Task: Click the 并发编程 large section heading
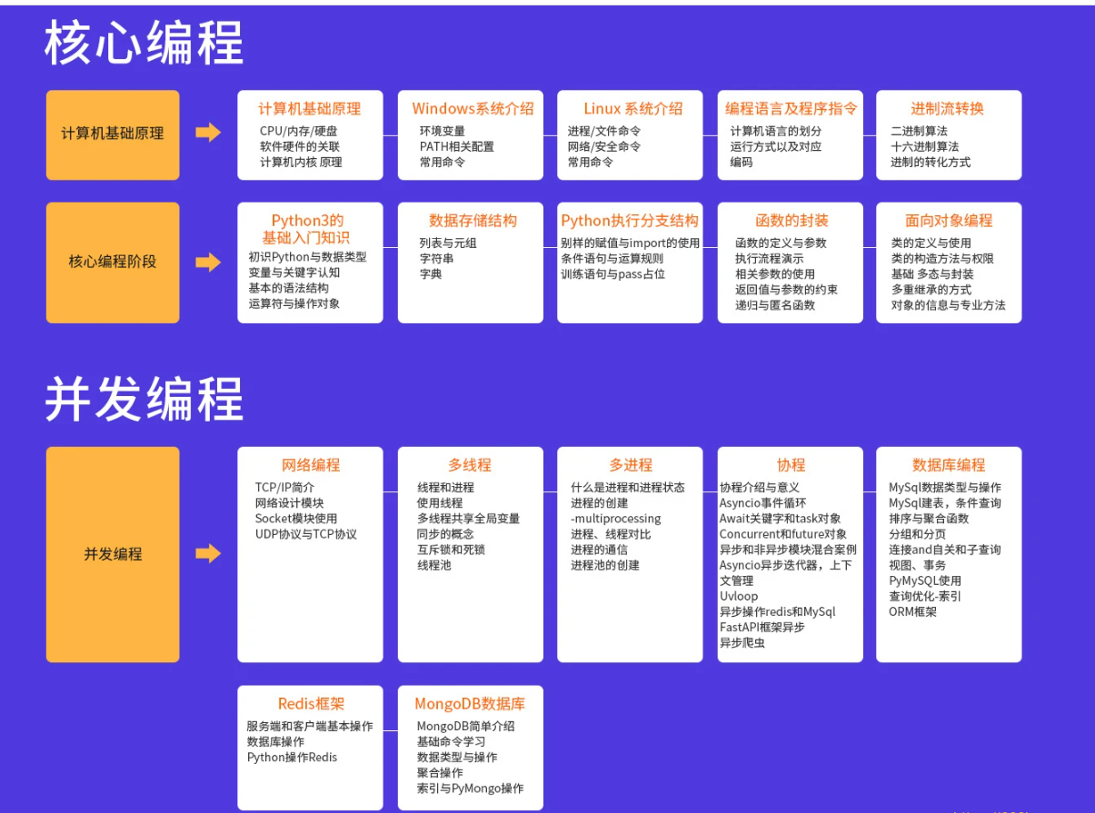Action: point(144,401)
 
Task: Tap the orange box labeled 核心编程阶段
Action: point(113,262)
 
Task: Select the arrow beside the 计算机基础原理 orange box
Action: point(208,133)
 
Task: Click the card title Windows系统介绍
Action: point(473,109)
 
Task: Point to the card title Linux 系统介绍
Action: point(632,109)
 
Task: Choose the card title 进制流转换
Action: point(947,109)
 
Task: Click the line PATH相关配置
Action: point(456,146)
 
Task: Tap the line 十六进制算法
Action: point(924,146)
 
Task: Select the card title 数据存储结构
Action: point(473,221)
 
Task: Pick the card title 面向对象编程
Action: point(949,221)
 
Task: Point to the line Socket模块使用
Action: point(295,519)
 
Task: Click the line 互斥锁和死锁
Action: point(451,550)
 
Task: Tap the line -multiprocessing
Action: point(615,519)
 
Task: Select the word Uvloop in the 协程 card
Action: point(738,596)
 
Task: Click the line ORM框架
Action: point(912,611)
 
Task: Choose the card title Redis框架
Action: point(311,704)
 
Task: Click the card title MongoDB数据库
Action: point(470,704)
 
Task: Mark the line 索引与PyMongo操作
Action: point(470,788)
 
